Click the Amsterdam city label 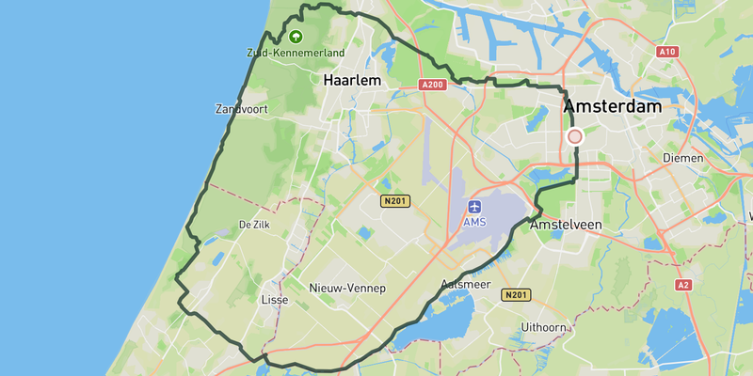(x=613, y=108)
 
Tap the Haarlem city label (x=352, y=81)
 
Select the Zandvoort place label (x=242, y=109)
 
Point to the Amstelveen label (x=566, y=226)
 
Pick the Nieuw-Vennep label (x=347, y=288)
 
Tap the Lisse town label (x=273, y=300)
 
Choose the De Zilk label (x=255, y=225)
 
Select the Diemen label (x=683, y=158)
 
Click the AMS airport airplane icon (x=474, y=206)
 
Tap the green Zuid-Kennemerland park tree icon (x=296, y=37)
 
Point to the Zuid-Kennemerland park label (x=296, y=53)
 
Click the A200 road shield (x=432, y=85)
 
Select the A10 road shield (x=667, y=51)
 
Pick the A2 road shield (x=683, y=284)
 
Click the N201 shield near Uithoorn (x=516, y=295)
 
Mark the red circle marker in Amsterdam (x=575, y=136)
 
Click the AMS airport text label (x=474, y=222)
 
